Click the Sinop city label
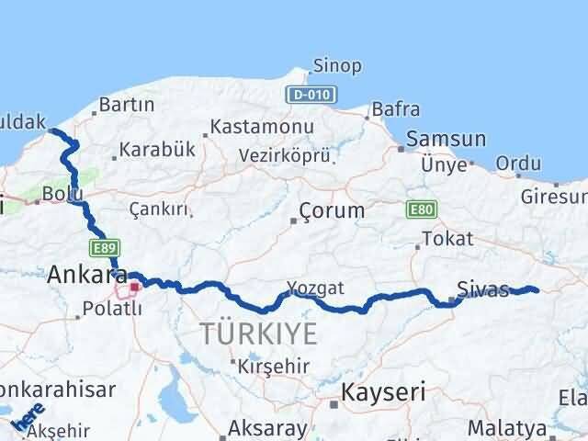click(337, 66)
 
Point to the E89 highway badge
click(102, 247)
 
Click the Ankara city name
click(86, 274)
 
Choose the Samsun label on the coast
click(446, 140)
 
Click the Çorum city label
click(333, 210)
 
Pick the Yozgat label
click(314, 288)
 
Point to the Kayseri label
click(383, 393)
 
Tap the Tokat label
click(447, 239)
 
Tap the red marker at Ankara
click(135, 287)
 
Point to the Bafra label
click(396, 110)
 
